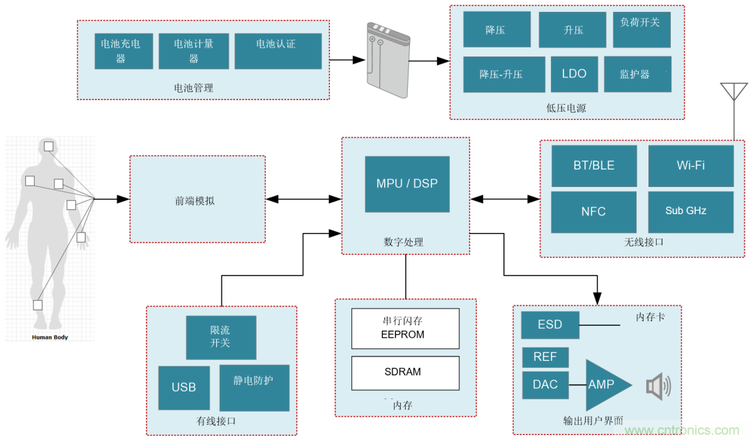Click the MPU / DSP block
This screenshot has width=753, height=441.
407,184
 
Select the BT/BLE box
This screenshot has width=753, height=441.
594,166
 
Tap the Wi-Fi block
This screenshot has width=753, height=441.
690,166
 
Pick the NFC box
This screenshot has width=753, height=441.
593,211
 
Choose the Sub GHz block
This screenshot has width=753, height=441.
690,211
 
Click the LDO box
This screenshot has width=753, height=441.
574,74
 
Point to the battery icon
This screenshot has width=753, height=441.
386,62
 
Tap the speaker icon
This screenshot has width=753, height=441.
657,387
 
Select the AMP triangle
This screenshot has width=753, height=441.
604,385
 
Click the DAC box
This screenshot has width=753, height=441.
545,385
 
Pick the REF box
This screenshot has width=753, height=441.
545,357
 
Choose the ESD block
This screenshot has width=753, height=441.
550,325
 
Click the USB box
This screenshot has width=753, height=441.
184,387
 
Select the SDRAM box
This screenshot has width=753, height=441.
405,373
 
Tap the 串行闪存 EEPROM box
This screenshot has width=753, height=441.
405,328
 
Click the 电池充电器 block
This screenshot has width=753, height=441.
123,51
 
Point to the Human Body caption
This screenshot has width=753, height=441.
50,337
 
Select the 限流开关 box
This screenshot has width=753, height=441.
220,337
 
